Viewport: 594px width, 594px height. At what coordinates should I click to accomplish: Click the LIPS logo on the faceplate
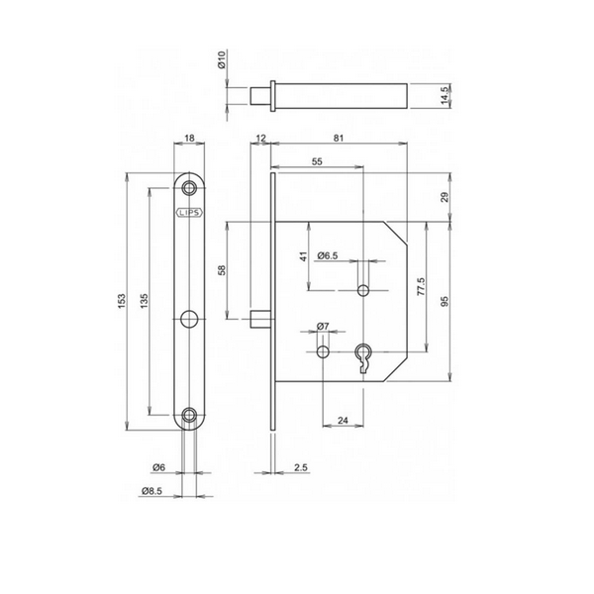(x=190, y=213)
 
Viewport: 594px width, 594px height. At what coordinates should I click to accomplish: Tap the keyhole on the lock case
(x=363, y=357)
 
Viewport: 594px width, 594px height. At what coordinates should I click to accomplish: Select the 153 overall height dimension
(x=121, y=301)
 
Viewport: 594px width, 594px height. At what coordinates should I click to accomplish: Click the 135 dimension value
(x=144, y=301)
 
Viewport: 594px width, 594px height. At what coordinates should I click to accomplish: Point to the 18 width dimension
(x=189, y=139)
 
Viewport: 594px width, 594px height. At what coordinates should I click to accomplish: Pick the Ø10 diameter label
(x=222, y=59)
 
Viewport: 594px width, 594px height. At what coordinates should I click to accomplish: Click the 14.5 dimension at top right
(x=445, y=95)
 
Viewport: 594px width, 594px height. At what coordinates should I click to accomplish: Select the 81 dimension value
(x=339, y=139)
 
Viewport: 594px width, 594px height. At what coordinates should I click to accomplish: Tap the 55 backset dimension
(x=317, y=161)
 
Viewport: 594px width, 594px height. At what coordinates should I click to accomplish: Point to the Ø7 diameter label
(x=323, y=326)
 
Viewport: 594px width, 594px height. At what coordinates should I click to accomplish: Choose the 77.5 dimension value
(x=422, y=286)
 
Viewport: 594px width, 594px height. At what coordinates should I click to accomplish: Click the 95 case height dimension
(x=445, y=302)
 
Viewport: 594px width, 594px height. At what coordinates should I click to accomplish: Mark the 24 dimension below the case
(x=343, y=420)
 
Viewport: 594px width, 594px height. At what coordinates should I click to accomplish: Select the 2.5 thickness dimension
(x=300, y=468)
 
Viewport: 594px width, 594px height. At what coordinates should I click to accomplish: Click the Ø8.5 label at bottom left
(x=151, y=491)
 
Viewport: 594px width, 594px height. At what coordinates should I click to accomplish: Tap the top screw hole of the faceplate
(x=189, y=187)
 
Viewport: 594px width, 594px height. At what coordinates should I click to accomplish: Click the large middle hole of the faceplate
(x=189, y=319)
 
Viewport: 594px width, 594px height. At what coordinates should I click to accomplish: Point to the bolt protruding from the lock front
(x=261, y=319)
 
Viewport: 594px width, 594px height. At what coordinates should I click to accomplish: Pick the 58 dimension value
(x=222, y=270)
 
